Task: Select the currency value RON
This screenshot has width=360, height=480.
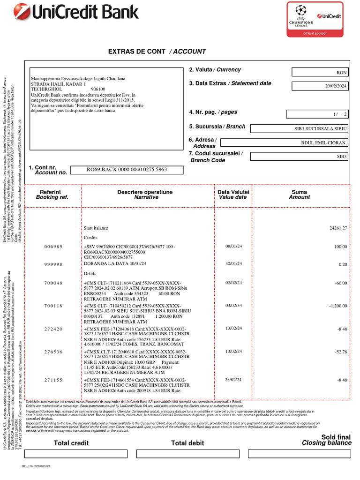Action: coord(342,73)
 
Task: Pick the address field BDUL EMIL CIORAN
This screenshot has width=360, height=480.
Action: coord(324,142)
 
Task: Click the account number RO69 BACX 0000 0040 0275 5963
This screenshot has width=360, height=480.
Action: coord(127,170)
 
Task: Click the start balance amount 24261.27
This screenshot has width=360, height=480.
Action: coord(338,228)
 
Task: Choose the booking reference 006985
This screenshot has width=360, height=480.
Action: coord(53,247)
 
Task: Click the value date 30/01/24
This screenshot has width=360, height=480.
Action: coord(233,264)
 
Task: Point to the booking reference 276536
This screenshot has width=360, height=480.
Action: coord(53,352)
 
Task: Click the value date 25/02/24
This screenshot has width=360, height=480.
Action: coord(233,380)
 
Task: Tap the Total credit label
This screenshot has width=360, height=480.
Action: coord(71,443)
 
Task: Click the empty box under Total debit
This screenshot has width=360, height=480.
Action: coord(187,453)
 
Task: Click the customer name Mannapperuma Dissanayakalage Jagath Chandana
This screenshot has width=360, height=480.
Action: coord(78,78)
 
